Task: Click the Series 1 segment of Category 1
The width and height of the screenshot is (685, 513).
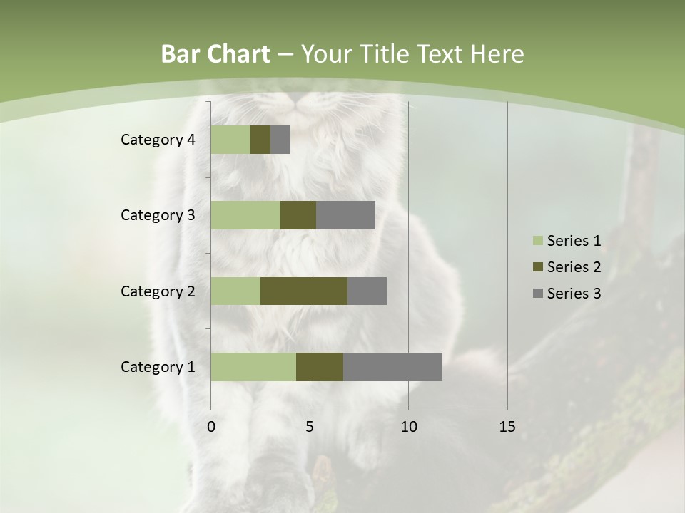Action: pos(253,367)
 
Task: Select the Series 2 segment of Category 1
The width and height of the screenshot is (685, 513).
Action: pos(320,367)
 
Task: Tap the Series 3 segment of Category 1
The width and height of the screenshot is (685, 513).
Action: pos(392,367)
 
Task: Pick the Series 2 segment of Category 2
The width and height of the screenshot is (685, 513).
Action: pos(304,291)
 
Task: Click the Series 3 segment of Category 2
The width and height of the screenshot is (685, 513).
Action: pos(367,291)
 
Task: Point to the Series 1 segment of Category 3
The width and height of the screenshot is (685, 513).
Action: pos(245,215)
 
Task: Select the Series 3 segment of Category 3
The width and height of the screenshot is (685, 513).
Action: pos(345,215)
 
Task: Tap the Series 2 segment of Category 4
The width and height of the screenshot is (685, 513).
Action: pos(260,140)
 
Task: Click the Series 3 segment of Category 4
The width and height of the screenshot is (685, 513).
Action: pos(280,140)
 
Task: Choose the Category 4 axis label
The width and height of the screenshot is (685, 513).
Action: pos(158,140)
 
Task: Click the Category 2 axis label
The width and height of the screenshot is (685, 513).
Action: pos(158,291)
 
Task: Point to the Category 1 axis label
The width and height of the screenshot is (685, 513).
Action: pos(158,367)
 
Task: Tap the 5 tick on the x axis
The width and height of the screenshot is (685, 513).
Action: pos(310,427)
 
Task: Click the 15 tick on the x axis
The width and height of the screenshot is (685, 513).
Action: pos(507,427)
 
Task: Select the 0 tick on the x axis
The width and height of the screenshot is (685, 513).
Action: pos(211,427)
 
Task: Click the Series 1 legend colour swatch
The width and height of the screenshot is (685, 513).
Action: pos(537,241)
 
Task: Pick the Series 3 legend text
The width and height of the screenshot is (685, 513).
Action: pos(574,294)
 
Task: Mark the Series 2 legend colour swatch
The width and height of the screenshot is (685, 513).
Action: pos(537,267)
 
